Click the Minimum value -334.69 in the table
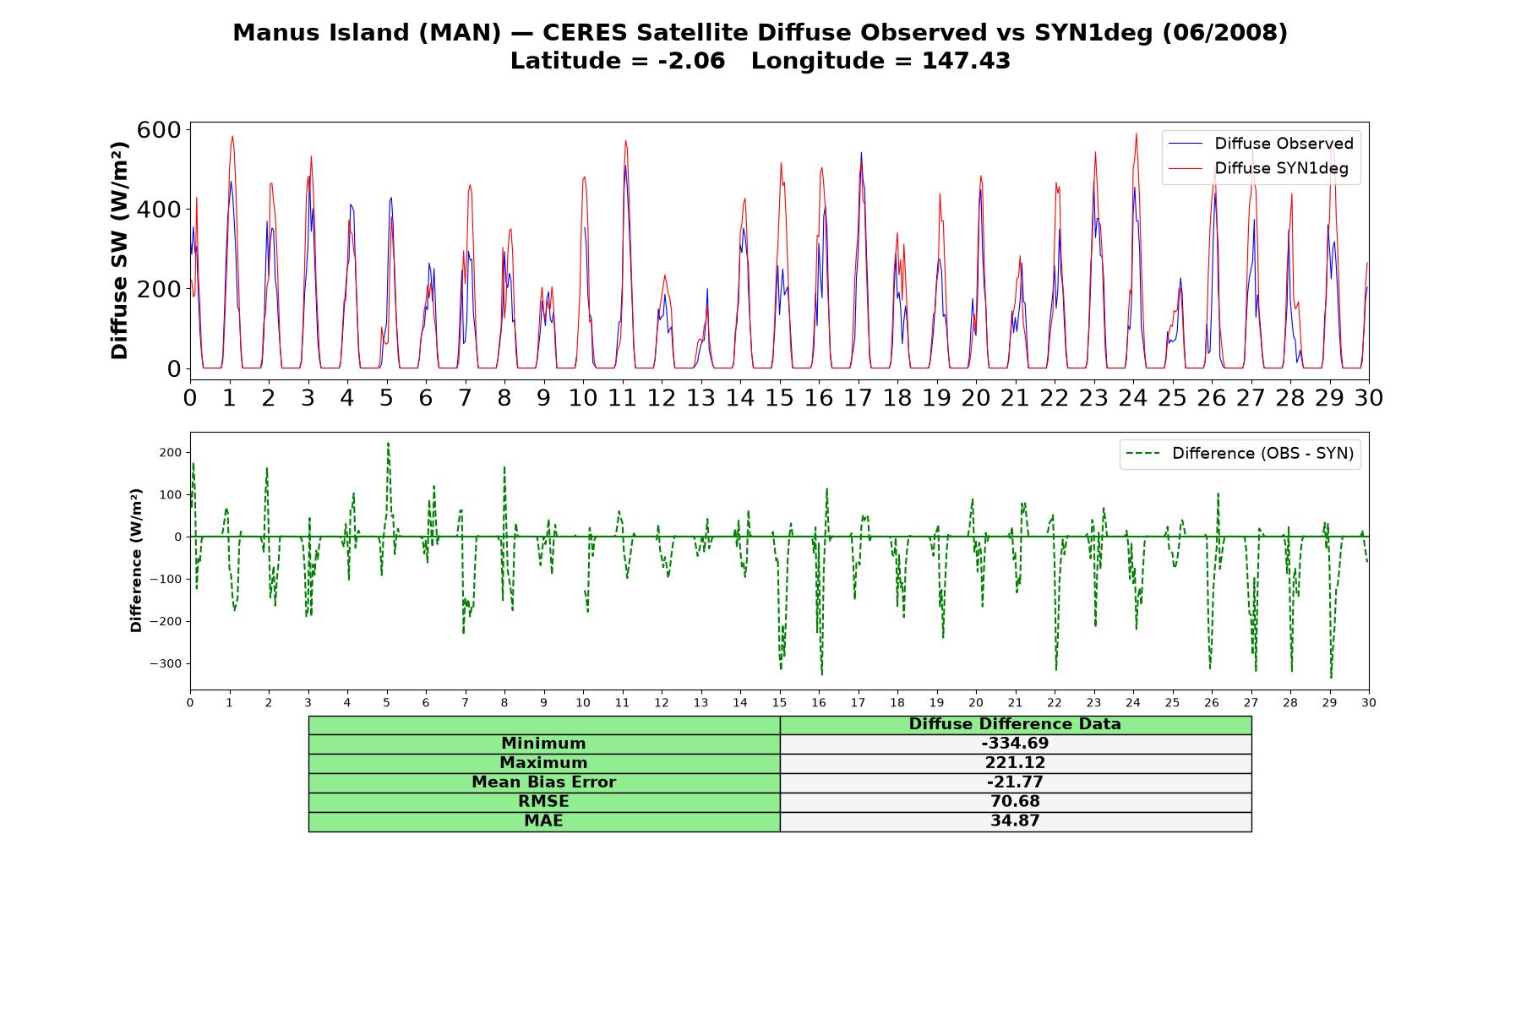coord(1015,744)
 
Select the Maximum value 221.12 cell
coord(1015,763)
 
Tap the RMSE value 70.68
coord(1015,801)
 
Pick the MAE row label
coord(543,820)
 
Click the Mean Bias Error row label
coord(543,782)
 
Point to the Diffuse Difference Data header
coord(1015,724)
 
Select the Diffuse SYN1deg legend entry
coord(1259,168)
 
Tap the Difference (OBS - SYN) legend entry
coord(1240,454)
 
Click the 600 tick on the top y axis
coord(159,129)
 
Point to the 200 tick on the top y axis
coord(159,289)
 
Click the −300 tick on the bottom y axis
coord(166,664)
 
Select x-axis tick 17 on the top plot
coord(859,398)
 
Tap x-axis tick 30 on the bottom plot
coord(1368,703)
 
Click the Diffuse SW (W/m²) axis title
coord(120,251)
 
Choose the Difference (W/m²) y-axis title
coord(136,560)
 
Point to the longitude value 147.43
coord(966,61)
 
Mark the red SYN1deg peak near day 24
coord(1136,134)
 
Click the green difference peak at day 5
coord(388,443)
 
